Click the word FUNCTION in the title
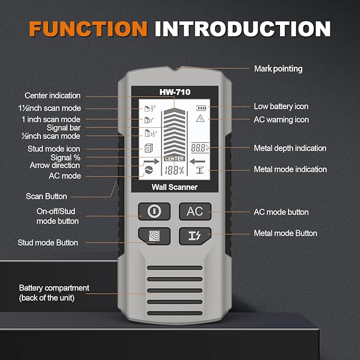point(89,28)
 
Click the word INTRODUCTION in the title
point(242,28)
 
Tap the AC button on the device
point(195,212)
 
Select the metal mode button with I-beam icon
point(195,235)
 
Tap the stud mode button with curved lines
point(154,235)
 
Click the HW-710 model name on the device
point(174,92)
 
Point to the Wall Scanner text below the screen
point(174,187)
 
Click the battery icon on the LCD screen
point(200,108)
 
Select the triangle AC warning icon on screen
point(200,118)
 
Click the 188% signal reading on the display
point(174,171)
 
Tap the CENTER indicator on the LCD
point(174,159)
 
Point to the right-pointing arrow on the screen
point(151,160)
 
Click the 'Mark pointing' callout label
point(278,68)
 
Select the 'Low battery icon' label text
point(281,107)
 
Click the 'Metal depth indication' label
point(290,148)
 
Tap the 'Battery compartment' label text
point(54,288)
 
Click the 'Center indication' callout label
point(52,95)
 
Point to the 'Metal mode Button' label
point(285,233)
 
